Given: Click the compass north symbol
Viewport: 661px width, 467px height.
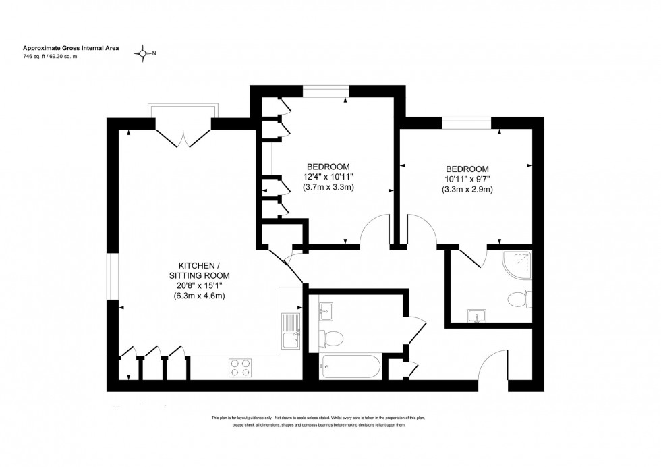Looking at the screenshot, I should click(143, 53).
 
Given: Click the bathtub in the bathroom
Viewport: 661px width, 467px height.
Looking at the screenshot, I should click(351, 367).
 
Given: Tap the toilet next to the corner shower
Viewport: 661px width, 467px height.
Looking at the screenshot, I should click(520, 298).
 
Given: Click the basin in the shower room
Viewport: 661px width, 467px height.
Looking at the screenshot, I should click(478, 315).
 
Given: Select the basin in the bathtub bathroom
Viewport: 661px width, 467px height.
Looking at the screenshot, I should click(326, 310).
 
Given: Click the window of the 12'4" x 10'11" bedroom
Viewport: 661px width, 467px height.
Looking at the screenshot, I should click(326, 90).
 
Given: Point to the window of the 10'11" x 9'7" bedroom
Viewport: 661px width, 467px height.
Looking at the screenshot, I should click(466, 123).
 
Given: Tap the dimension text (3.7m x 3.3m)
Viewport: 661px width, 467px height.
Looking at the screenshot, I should click(328, 187).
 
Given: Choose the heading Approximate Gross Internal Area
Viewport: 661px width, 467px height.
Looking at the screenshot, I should click(71, 48).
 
